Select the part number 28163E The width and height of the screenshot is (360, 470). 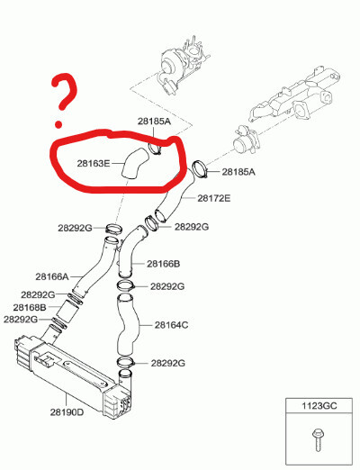[94, 164]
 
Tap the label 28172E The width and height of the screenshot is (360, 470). [214, 198]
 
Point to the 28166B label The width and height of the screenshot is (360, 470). [164, 264]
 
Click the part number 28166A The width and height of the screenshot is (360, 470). [52, 276]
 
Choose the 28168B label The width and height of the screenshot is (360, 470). [30, 307]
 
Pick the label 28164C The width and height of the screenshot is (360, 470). [172, 325]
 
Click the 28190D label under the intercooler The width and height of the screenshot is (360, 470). [67, 412]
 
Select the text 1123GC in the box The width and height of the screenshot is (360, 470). [319, 406]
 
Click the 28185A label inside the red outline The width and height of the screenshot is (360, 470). [154, 122]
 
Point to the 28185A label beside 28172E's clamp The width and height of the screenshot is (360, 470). [238, 172]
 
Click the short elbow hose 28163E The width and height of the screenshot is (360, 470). [134, 164]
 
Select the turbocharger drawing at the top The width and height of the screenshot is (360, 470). [182, 65]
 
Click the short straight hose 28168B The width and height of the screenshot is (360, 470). [67, 312]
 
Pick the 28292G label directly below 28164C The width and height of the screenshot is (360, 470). [167, 363]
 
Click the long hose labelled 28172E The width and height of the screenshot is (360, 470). [175, 195]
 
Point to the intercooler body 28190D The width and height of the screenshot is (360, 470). [72, 376]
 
